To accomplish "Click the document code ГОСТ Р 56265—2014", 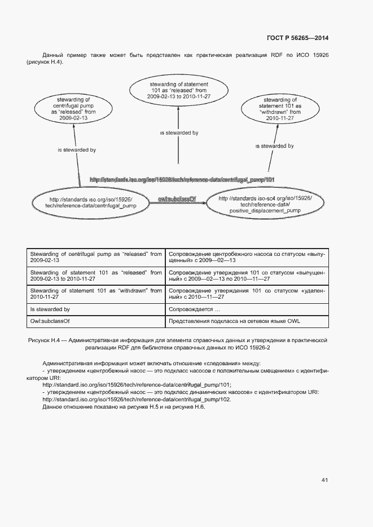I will pyautogui.click(x=297, y=38).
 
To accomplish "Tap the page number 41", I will pyautogui.click(x=324, y=480).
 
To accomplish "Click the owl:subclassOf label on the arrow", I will pyautogui.click(x=177, y=198).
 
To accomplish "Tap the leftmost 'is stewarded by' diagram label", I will pyautogui.click(x=77, y=150).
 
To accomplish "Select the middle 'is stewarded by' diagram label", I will pyautogui.click(x=179, y=133).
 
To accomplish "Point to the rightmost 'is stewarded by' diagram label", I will pyautogui.click(x=274, y=146).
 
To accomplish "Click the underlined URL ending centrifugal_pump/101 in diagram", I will pyautogui.click(x=182, y=180).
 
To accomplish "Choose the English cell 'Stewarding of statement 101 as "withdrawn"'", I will pyautogui.click(x=95, y=294).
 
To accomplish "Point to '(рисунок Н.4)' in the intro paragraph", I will pyautogui.click(x=45, y=61).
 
